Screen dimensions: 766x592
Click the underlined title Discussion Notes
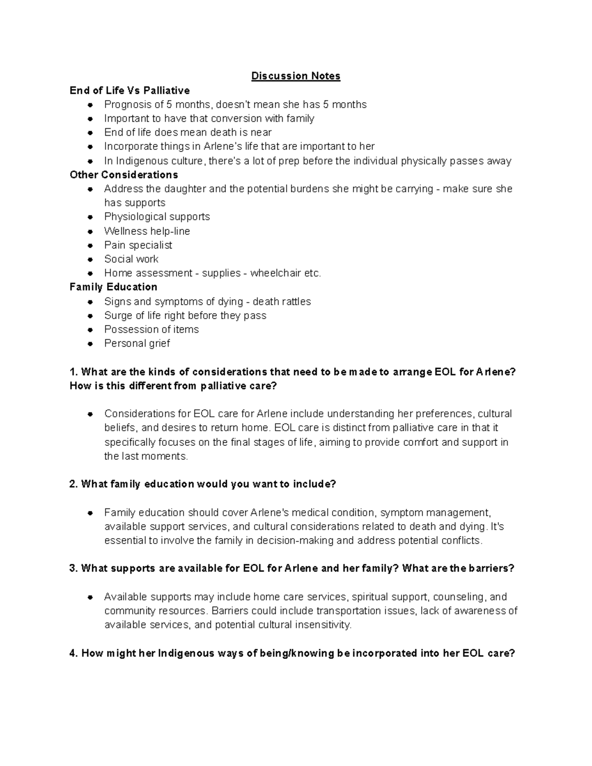(296, 76)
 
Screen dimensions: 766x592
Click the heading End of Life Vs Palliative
(130, 90)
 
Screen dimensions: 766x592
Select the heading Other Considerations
(124, 175)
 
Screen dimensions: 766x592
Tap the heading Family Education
(113, 287)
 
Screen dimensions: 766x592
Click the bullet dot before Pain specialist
(90, 245)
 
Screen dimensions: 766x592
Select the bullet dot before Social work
(90, 259)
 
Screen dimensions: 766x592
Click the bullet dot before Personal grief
(90, 344)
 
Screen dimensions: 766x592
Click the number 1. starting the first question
(74, 372)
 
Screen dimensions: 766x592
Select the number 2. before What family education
(74, 484)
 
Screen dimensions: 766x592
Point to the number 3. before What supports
(74, 569)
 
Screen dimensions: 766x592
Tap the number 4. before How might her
(74, 654)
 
